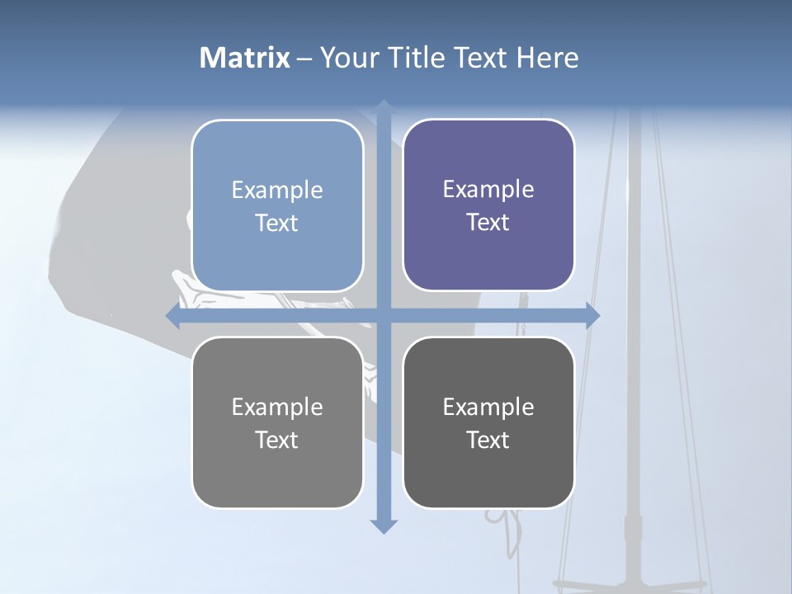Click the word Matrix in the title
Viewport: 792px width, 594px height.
point(245,58)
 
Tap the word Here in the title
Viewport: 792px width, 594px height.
point(547,58)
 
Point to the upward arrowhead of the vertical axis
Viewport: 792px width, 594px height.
point(384,106)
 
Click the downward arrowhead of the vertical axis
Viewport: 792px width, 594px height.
point(384,526)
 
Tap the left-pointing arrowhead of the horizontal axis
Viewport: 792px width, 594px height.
point(173,316)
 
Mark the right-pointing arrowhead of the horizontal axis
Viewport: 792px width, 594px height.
point(592,316)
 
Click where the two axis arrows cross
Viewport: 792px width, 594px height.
point(384,316)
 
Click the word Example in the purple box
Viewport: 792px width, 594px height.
point(488,190)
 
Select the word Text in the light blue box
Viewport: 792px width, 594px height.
point(277,224)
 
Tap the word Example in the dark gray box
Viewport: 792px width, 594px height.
point(488,407)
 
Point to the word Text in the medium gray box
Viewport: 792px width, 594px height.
point(277,440)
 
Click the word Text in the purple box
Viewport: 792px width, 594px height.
point(488,223)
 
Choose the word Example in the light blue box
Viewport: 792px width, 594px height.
point(277,191)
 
